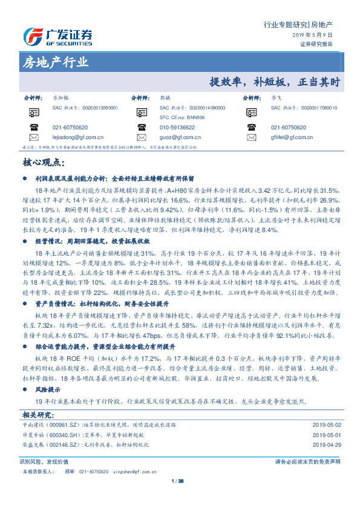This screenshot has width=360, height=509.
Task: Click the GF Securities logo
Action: click(58, 36)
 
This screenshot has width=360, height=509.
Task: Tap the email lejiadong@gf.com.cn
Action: click(74, 137)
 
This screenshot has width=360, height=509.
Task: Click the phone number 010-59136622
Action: click(177, 128)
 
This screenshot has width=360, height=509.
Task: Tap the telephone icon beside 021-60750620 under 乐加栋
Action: click(33, 128)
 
